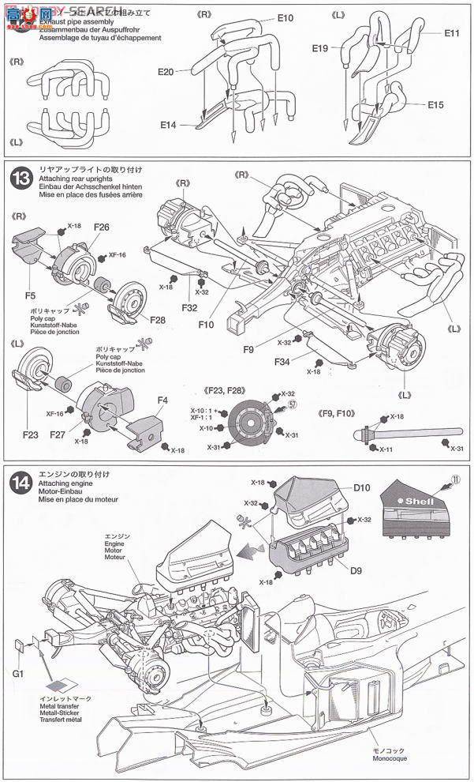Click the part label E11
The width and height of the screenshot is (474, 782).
452,33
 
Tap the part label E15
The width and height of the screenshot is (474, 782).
436,104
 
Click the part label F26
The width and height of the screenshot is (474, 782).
102,227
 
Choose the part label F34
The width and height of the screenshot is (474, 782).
286,362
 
